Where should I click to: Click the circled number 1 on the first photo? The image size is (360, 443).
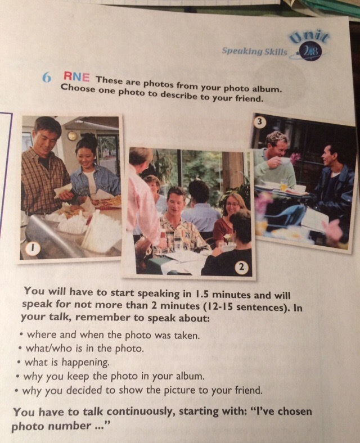tap(33, 248)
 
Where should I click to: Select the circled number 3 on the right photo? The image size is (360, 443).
tap(260, 122)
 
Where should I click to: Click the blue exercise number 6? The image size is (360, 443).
tap(46, 78)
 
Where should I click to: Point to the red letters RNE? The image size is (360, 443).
tap(76, 76)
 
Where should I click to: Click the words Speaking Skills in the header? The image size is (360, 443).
tap(254, 51)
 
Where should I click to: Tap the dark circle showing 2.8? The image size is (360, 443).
tap(310, 52)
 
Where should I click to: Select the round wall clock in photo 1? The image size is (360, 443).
tap(72, 136)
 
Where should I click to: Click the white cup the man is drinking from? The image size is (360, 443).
tap(285, 161)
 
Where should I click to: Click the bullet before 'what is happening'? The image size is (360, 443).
tap(19, 362)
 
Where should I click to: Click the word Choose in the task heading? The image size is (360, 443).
tap(78, 88)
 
